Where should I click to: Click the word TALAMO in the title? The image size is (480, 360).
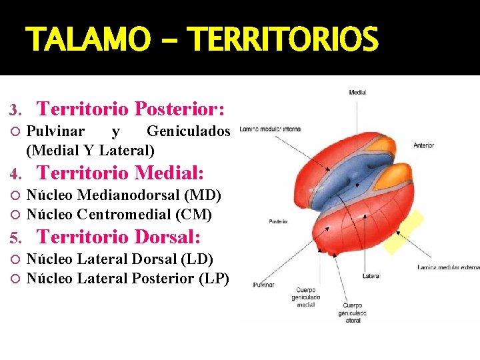(88, 40)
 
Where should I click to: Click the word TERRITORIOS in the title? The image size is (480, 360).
(284, 40)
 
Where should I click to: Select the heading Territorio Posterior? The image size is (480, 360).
(131, 108)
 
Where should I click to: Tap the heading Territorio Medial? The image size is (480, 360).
(120, 173)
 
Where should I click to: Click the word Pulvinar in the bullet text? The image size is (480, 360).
(55, 131)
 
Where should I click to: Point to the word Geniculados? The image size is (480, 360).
(188, 131)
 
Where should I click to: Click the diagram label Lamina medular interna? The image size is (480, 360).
(269, 129)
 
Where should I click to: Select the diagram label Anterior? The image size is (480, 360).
(423, 145)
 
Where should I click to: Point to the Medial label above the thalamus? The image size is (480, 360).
(357, 92)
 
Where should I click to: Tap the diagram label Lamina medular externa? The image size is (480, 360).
(448, 267)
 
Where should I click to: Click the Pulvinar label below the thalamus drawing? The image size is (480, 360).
(263, 285)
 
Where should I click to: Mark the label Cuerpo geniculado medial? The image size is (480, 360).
(306, 297)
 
